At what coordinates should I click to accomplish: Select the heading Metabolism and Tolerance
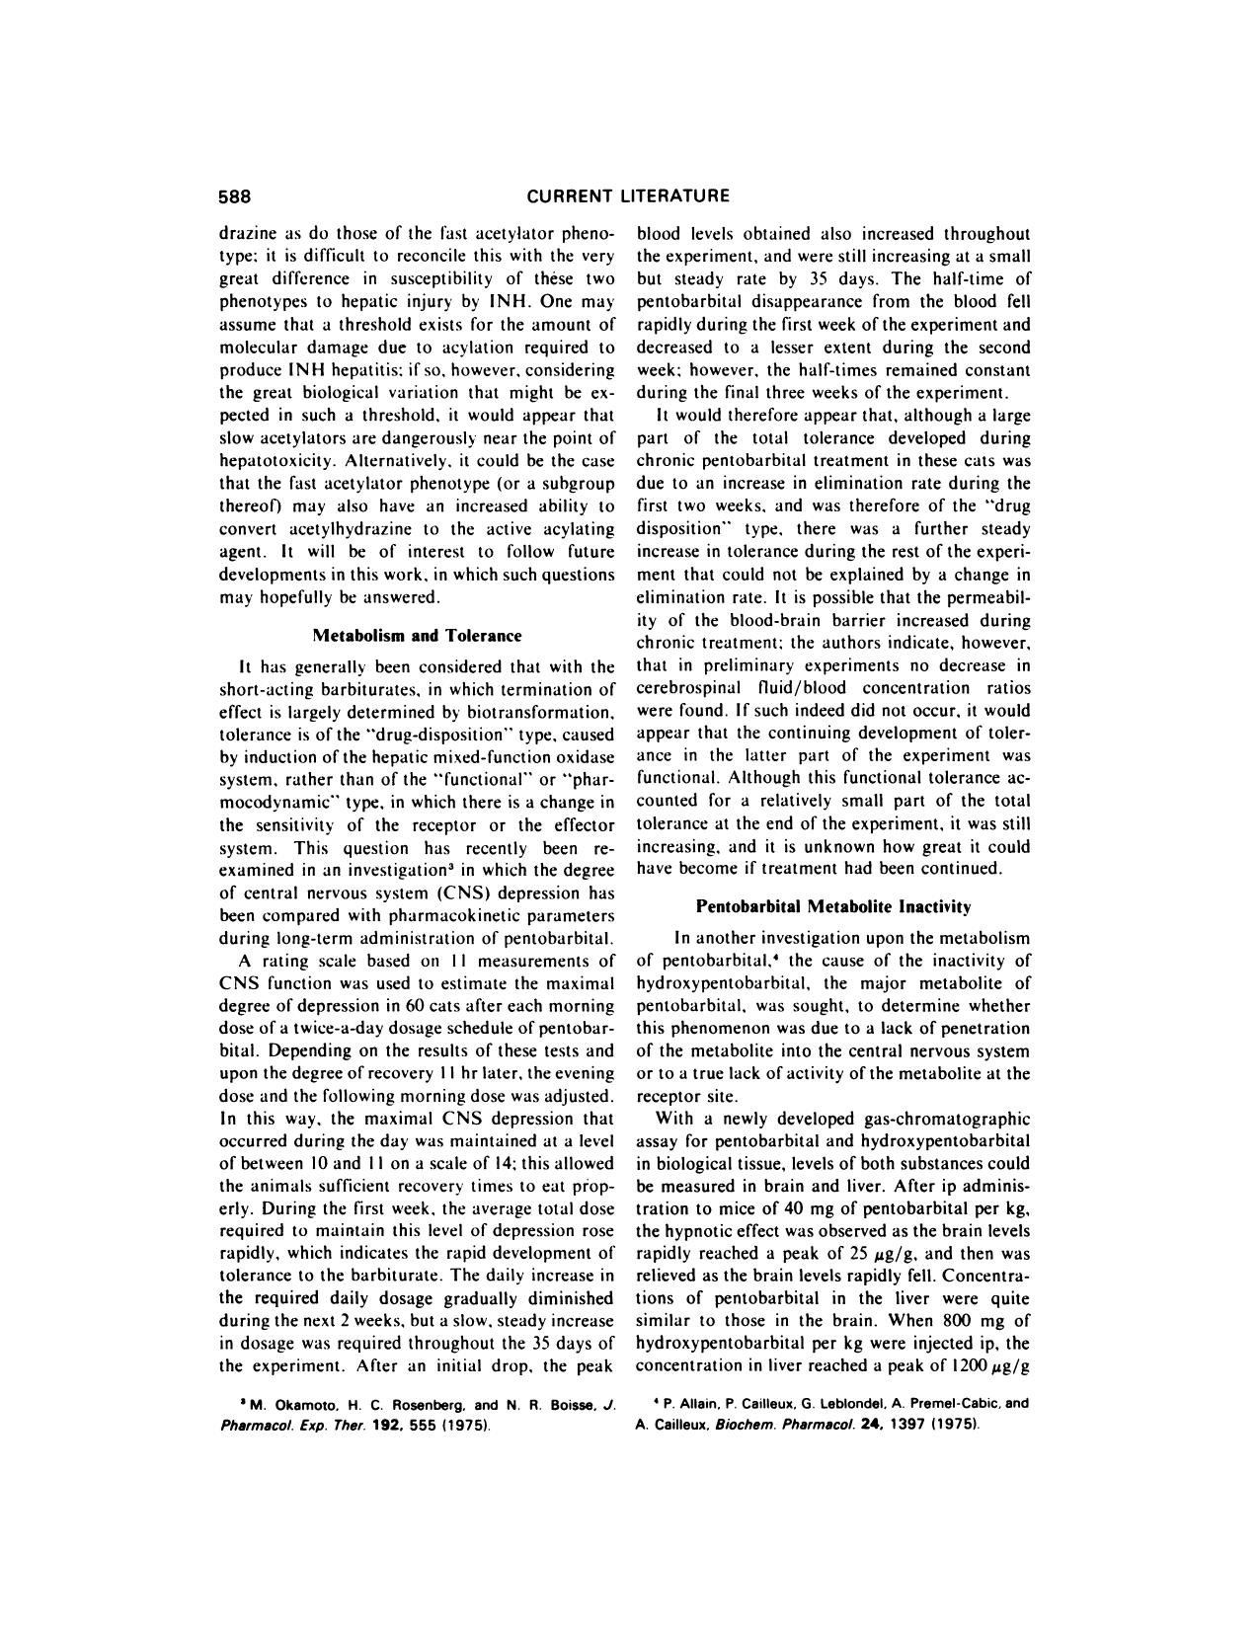pyautogui.click(x=417, y=635)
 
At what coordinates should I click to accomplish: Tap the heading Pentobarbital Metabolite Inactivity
pyautogui.click(x=833, y=904)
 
